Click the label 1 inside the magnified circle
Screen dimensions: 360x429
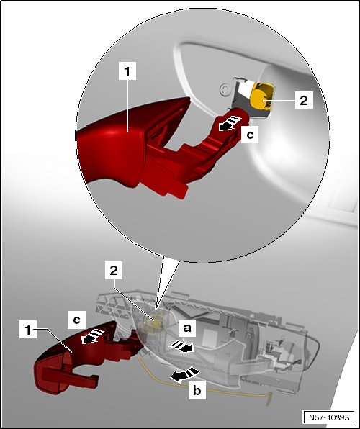click(x=127, y=71)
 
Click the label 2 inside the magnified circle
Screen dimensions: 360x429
click(x=304, y=99)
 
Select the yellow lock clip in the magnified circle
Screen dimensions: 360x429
click(x=262, y=97)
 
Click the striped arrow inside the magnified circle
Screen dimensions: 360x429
click(x=230, y=123)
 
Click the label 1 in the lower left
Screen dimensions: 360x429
click(x=28, y=330)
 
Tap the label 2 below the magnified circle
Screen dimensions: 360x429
click(x=114, y=271)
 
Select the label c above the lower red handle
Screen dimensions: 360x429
click(x=76, y=320)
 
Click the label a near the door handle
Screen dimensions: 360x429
click(x=187, y=328)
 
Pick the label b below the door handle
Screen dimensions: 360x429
click(x=197, y=390)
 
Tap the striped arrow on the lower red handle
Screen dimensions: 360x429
click(x=93, y=336)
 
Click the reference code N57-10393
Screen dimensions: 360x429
click(x=329, y=417)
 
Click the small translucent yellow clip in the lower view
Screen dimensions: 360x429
click(x=156, y=321)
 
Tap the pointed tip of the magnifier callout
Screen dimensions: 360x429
click(x=156, y=310)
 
